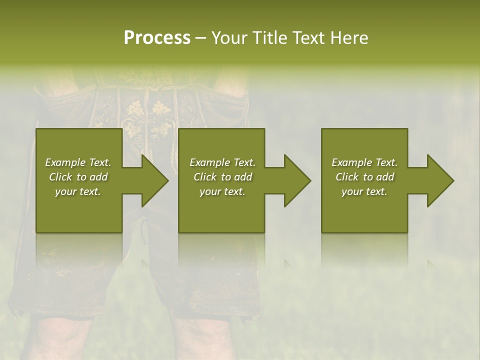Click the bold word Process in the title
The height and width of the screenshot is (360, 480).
[157, 37]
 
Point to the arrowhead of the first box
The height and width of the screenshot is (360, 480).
[155, 180]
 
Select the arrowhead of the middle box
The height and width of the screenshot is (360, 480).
[297, 180]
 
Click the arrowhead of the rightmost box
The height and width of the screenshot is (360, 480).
[440, 180]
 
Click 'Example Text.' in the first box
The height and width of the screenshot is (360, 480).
[78, 162]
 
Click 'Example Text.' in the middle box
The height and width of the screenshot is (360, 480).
[222, 162]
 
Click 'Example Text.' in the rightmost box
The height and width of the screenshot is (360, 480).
[364, 162]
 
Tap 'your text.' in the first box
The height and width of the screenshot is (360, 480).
[78, 191]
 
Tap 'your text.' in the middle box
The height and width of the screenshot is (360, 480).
[222, 191]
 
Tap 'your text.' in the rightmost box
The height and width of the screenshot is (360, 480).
[364, 191]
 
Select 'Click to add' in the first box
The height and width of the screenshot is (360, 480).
[78, 177]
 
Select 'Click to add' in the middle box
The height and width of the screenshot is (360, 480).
[222, 177]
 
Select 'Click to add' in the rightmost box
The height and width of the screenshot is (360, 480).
[364, 177]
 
